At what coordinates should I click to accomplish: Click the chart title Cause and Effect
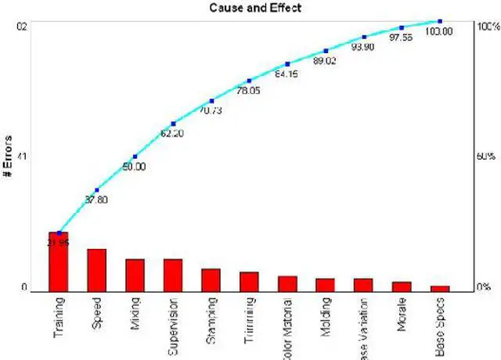pos(250,8)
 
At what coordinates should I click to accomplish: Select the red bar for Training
pos(59,261)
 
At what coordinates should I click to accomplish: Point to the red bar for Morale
pos(402,286)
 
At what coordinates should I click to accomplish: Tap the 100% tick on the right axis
pos(487,26)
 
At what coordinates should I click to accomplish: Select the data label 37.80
pos(96,200)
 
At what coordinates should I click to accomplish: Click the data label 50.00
pos(133,167)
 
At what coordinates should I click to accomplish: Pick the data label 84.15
pos(286,74)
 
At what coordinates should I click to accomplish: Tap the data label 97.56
pos(401,37)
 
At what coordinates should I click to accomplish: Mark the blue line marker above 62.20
pos(173,124)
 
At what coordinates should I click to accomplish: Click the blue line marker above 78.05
pos(249,81)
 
